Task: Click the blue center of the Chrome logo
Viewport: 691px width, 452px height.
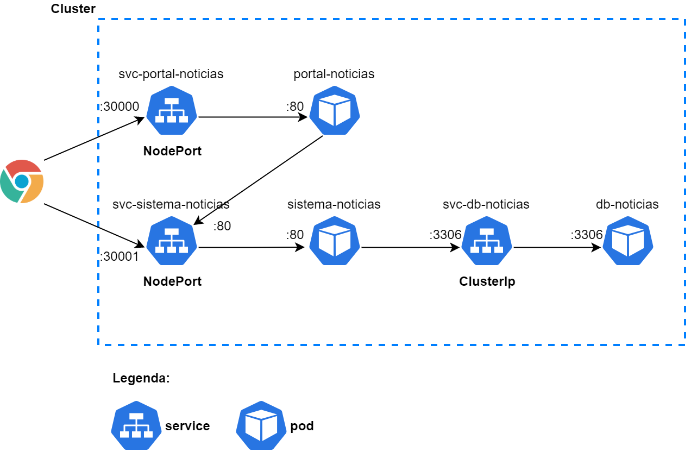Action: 22,181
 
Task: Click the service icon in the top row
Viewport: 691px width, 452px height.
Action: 172,110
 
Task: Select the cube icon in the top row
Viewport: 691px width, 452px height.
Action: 335,110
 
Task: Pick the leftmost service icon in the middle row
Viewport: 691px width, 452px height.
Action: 172,241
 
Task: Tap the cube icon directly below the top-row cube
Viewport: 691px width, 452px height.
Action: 335,241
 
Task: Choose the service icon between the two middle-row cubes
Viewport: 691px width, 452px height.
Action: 487,241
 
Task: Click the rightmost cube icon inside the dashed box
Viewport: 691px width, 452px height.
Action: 628,241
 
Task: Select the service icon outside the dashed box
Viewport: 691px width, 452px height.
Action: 136,425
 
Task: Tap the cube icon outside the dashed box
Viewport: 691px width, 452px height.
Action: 261,425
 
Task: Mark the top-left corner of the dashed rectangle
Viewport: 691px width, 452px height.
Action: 98,19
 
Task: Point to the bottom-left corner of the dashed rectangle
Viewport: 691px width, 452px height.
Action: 98,345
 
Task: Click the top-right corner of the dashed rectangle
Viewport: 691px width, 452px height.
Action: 685,19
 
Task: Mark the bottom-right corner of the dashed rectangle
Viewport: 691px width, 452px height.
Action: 685,345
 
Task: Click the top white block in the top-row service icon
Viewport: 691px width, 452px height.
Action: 172,101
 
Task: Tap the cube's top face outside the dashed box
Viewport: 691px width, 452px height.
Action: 261,415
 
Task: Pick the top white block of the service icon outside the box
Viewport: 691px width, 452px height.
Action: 136,416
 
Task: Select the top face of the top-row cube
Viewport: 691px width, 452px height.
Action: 335,99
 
